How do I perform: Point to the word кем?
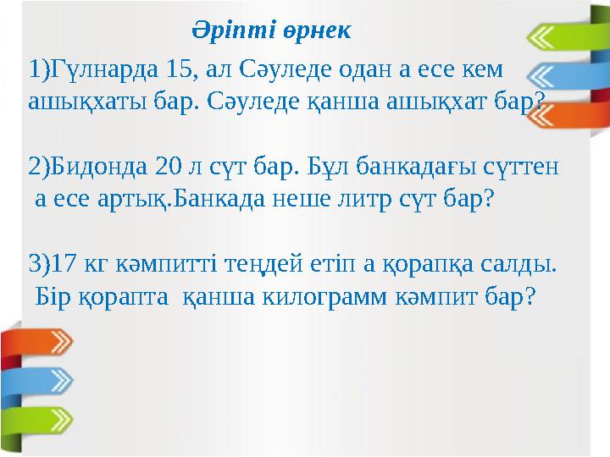(x=484, y=68)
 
